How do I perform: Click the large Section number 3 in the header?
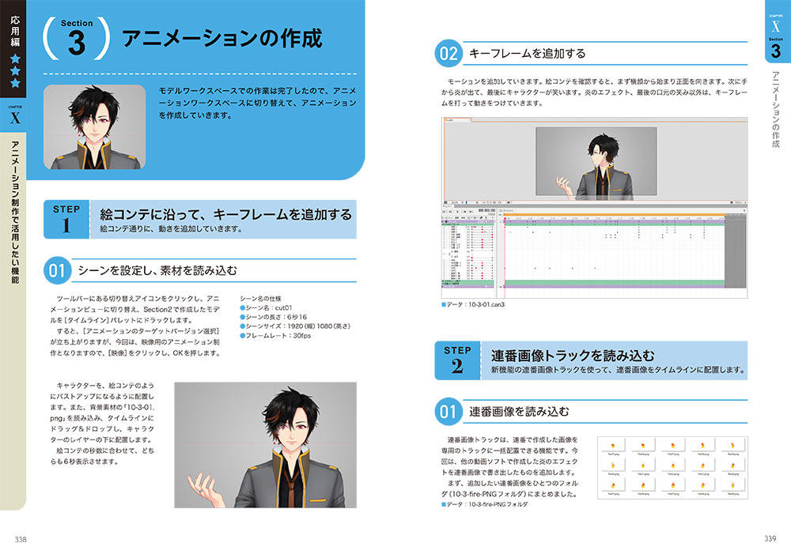coord(77,42)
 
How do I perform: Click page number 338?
coord(21,539)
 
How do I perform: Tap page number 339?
coord(770,539)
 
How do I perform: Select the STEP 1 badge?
coord(66,219)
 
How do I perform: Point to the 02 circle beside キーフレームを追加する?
coord(448,54)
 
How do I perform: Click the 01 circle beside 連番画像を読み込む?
coord(448,411)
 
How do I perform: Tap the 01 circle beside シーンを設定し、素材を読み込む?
coord(56,270)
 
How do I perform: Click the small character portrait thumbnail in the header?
coord(94,126)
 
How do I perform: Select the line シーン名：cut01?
coord(270,306)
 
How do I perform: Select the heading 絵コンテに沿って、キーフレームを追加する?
coord(225,214)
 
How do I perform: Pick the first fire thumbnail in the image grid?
coord(612,446)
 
